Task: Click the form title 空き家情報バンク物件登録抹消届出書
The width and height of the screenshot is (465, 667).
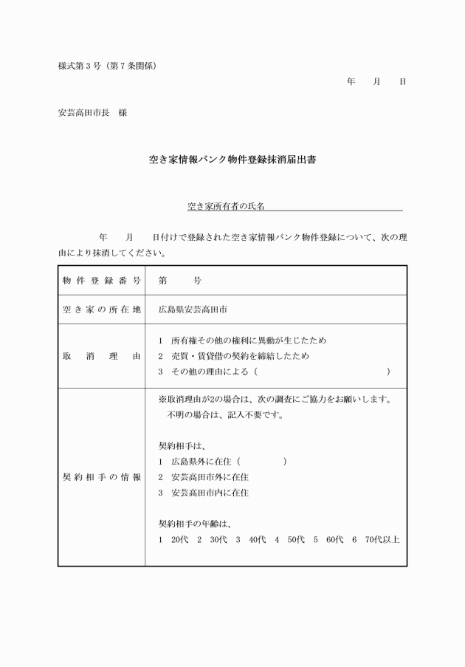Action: coord(232,159)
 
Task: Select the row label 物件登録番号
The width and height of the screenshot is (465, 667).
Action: coord(101,281)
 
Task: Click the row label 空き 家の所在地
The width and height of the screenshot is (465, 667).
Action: coord(101,309)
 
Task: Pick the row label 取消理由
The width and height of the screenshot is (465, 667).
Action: coord(101,356)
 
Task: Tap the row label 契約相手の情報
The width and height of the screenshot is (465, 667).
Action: coord(101,476)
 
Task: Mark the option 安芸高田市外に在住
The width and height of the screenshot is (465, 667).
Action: coord(210,476)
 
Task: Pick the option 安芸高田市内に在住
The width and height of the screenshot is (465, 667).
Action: coord(210,492)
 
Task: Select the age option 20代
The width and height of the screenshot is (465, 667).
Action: coord(179,539)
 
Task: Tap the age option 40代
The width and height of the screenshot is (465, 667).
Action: coord(257,539)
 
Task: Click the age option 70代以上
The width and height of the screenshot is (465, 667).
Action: coord(382,539)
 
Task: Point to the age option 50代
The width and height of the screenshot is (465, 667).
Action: coord(295,539)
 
